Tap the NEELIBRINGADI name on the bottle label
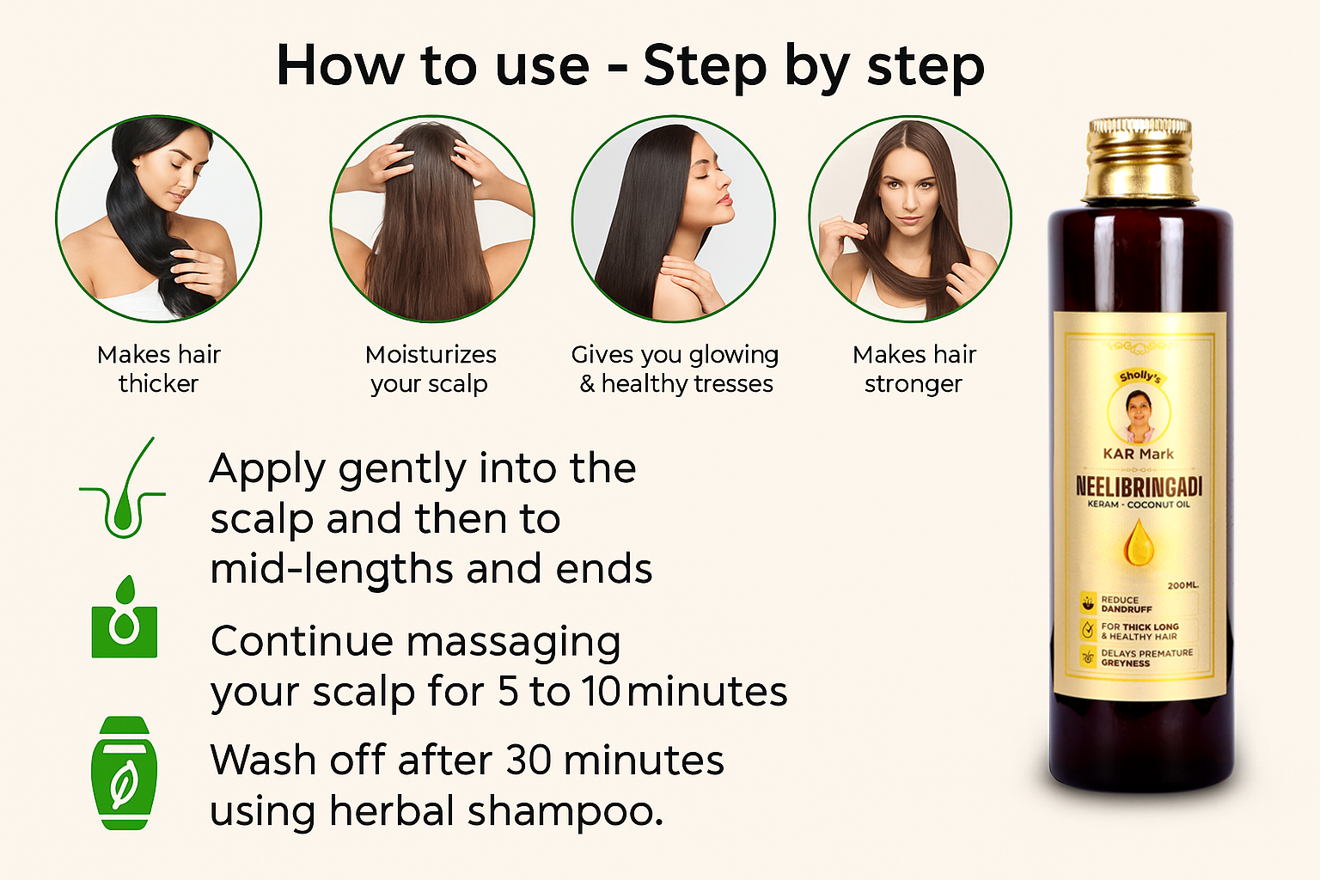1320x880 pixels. pyautogui.click(x=1139, y=487)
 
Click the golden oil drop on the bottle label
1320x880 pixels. pyautogui.click(x=1139, y=543)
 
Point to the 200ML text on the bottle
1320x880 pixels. pyautogui.click(x=1182, y=585)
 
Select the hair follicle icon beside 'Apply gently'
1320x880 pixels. pyautogui.click(x=123, y=487)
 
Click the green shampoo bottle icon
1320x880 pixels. pyautogui.click(x=125, y=773)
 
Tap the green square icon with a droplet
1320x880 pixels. pyautogui.click(x=125, y=616)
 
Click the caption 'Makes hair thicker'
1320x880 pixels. pyautogui.click(x=158, y=369)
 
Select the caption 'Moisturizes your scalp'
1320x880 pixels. pyautogui.click(x=431, y=369)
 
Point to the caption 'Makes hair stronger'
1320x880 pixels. pyautogui.click(x=914, y=369)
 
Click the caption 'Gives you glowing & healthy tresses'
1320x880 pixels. pyautogui.click(x=675, y=369)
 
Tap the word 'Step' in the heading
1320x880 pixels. pyautogui.click(x=706, y=67)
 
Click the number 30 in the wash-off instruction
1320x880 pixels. pyautogui.click(x=528, y=760)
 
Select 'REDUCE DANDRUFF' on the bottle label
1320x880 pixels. pyautogui.click(x=1126, y=604)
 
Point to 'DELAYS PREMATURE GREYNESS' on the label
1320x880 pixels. pyautogui.click(x=1146, y=657)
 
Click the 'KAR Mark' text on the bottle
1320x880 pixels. pyautogui.click(x=1138, y=454)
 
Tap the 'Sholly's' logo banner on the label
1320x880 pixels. pyautogui.click(x=1140, y=377)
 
